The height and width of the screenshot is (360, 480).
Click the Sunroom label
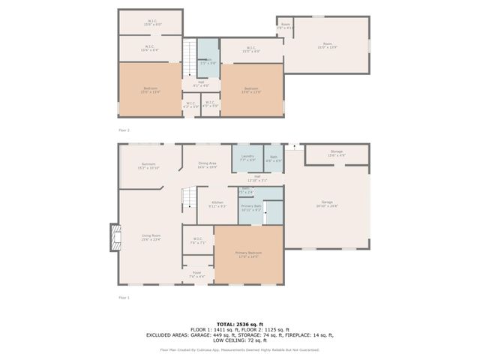click(x=148, y=166)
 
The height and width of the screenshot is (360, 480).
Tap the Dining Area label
click(x=207, y=165)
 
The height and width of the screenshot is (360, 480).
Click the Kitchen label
click(x=217, y=204)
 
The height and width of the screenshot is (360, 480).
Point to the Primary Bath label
click(x=251, y=208)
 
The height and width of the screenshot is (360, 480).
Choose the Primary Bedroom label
click(x=248, y=254)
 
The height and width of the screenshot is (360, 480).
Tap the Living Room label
click(x=151, y=238)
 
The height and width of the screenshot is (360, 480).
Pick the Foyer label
click(x=196, y=274)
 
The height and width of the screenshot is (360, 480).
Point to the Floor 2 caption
click(x=123, y=130)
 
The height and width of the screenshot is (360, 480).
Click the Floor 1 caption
click(x=123, y=298)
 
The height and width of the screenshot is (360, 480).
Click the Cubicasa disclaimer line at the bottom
click(x=239, y=349)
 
